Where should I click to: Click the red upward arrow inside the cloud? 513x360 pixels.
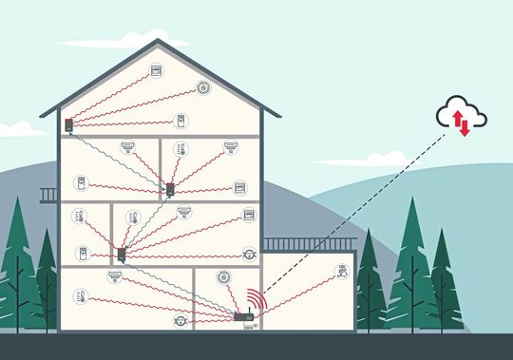(x=458, y=119)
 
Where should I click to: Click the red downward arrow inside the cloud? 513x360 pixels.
(x=465, y=126)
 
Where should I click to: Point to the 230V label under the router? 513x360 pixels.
(x=249, y=327)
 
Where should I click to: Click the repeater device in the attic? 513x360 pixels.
(x=69, y=124)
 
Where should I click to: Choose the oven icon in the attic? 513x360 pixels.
(x=156, y=71)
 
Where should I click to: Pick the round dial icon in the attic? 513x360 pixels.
(x=203, y=87)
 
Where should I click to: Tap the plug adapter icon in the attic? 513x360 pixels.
(x=180, y=121)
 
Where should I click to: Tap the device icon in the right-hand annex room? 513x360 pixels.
(x=342, y=273)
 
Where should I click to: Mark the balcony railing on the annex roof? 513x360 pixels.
(x=310, y=244)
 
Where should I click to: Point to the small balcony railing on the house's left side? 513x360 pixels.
(x=49, y=195)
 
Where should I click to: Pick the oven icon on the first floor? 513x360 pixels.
(x=249, y=216)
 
